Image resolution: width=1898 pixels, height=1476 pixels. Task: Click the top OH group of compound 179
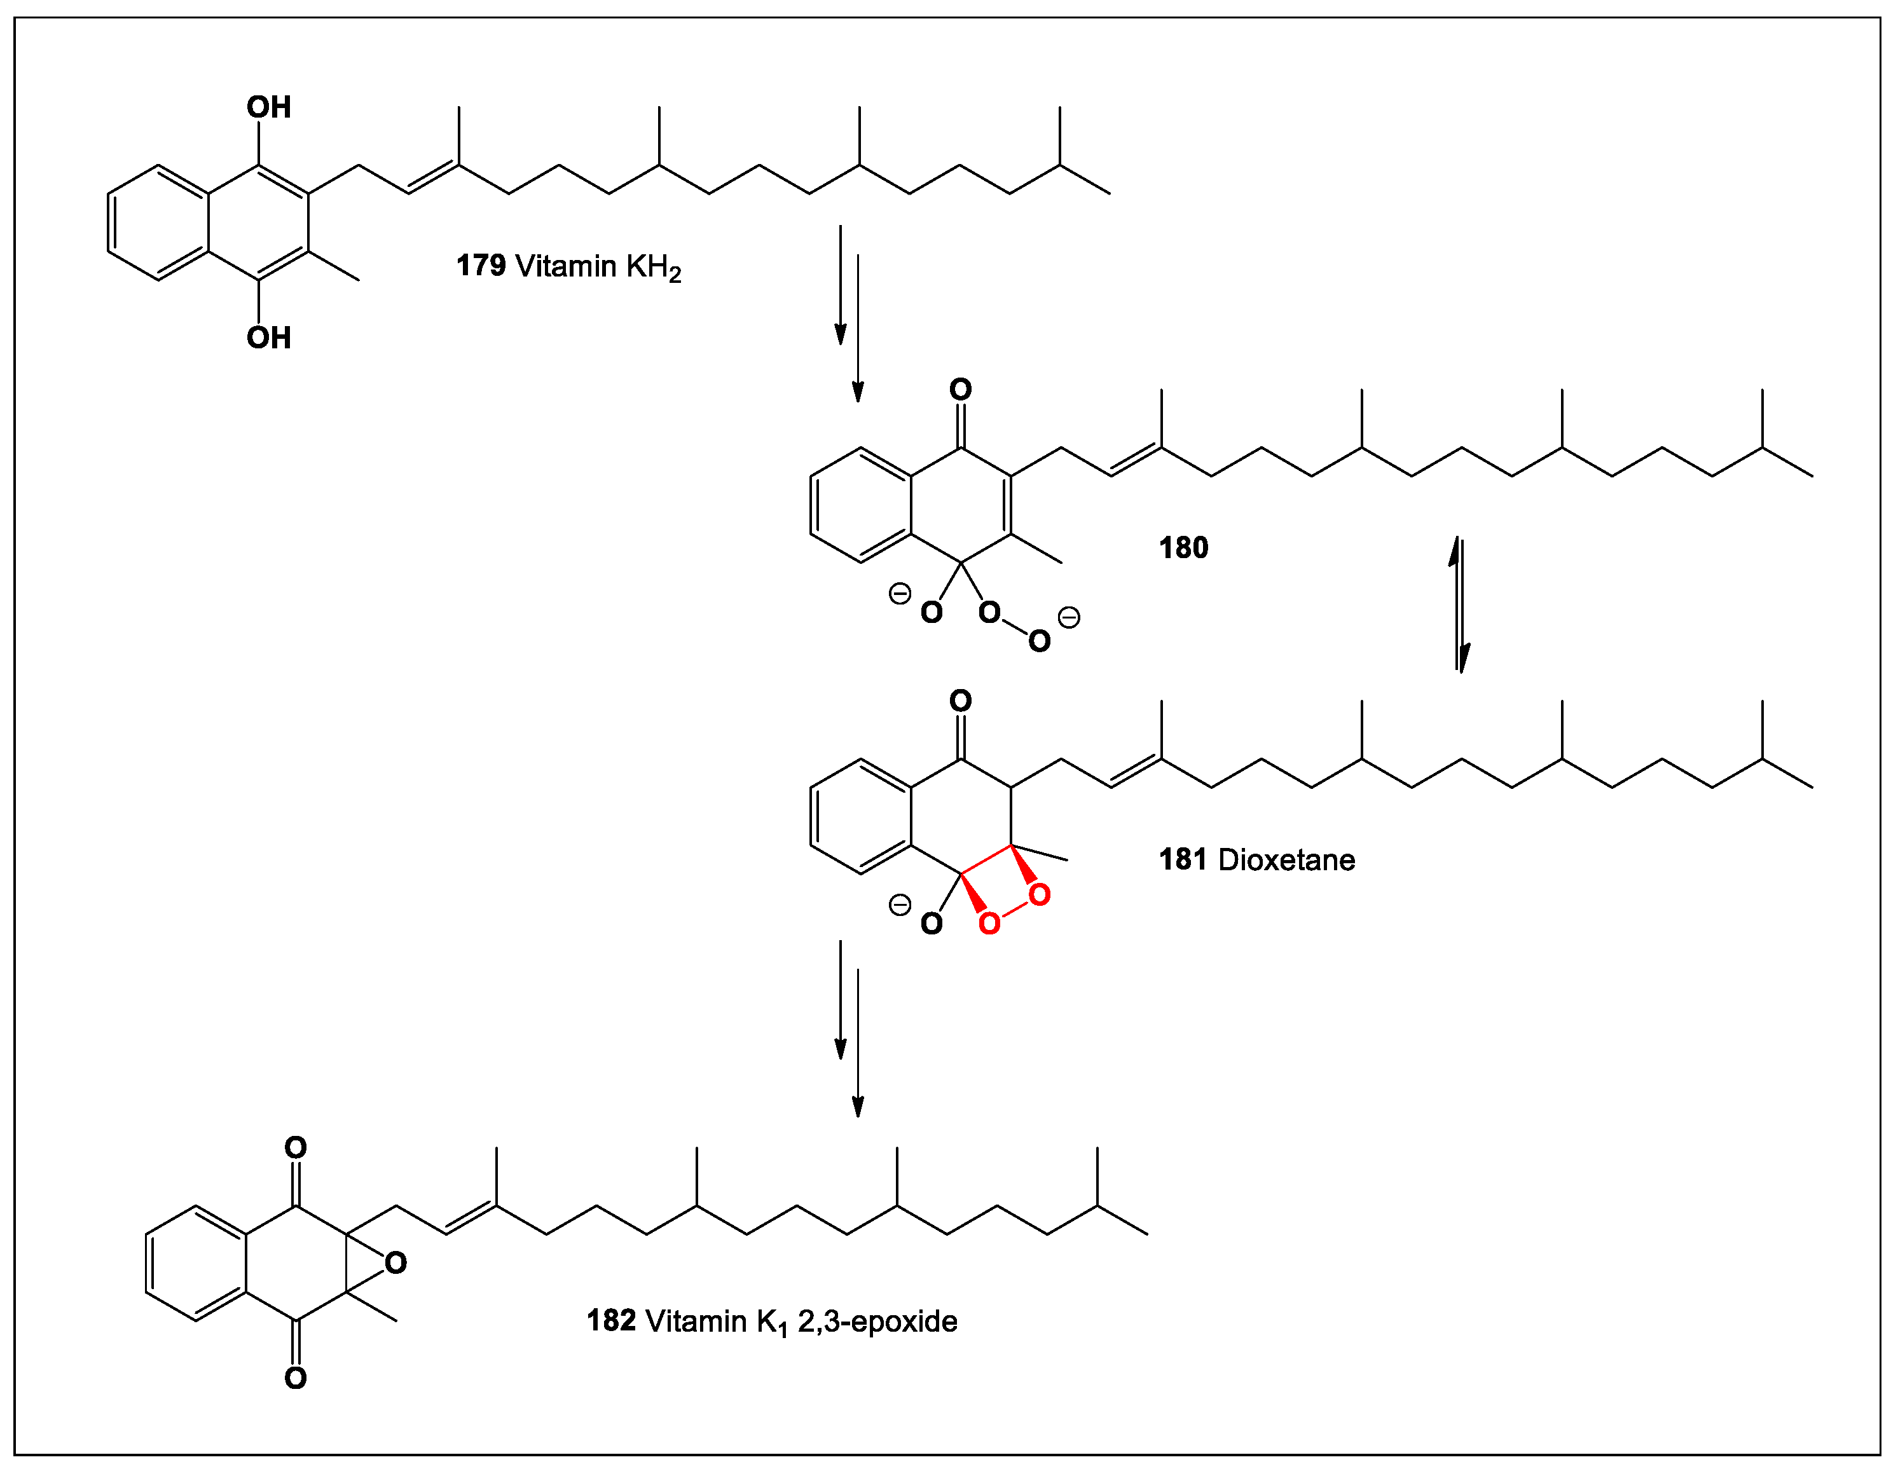click(x=268, y=107)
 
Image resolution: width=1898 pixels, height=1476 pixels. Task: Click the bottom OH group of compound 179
click(x=268, y=338)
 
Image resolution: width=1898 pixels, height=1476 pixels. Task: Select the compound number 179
click(x=481, y=265)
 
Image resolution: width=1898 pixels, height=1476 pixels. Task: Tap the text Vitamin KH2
click(x=598, y=267)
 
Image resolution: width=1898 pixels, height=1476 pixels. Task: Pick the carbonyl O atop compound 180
click(x=960, y=389)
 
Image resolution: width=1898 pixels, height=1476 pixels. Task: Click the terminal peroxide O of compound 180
click(x=1040, y=642)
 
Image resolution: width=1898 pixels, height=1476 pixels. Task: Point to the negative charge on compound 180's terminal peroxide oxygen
click(x=1069, y=618)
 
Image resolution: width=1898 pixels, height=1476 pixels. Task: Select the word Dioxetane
click(x=1286, y=860)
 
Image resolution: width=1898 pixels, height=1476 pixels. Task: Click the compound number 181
click(x=1183, y=860)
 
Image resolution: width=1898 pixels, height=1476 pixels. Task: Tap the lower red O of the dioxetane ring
click(x=989, y=924)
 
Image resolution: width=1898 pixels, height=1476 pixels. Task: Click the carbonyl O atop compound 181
click(x=960, y=701)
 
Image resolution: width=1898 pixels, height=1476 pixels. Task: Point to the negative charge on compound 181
click(x=900, y=905)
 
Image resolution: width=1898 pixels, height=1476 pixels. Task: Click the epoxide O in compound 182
click(x=396, y=1263)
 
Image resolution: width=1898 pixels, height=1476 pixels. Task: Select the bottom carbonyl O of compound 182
click(x=296, y=1378)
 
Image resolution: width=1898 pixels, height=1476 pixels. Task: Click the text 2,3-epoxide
click(x=877, y=1322)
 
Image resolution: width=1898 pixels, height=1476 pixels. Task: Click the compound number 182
click(x=611, y=1320)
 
